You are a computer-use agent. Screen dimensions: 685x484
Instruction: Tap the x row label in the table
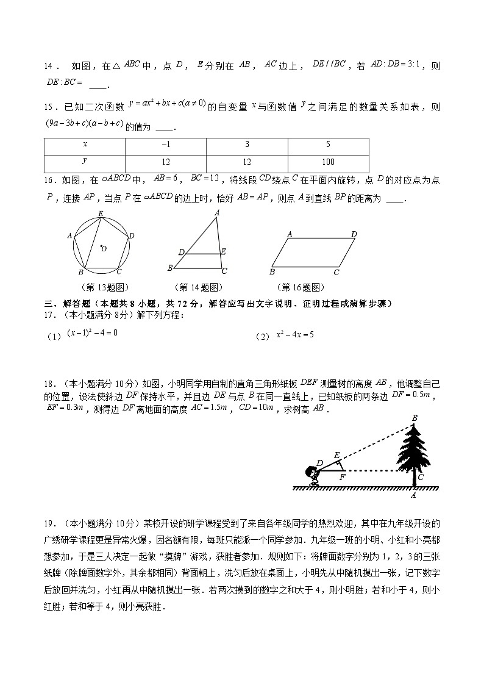click(84, 145)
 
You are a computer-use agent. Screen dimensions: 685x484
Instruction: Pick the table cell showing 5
click(328, 145)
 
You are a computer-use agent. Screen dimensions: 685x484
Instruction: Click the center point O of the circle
click(101, 246)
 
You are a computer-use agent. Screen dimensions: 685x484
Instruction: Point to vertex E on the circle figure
click(101, 213)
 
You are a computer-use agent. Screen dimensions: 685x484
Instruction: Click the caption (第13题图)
click(104, 288)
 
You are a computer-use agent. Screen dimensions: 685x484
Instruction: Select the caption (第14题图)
click(198, 288)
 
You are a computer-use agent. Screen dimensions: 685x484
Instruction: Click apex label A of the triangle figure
click(217, 213)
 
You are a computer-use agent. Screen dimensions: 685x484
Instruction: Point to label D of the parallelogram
click(354, 234)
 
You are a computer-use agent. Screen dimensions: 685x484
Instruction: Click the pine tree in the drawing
click(416, 451)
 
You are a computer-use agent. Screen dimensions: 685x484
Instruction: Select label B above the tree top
click(415, 418)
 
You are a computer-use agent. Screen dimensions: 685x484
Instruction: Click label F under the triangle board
click(343, 477)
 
